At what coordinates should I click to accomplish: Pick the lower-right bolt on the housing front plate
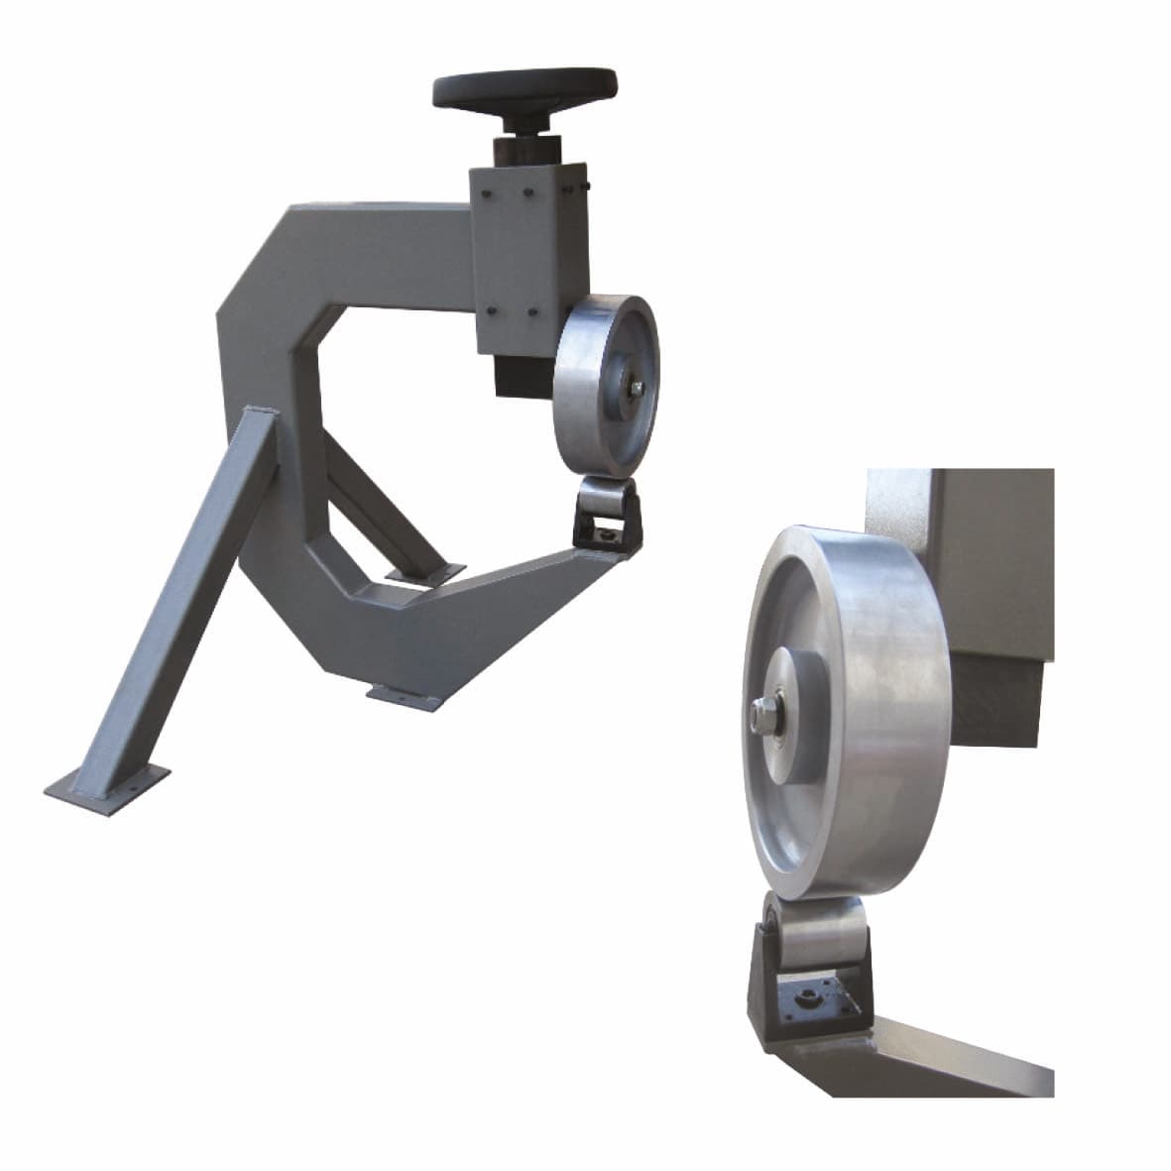[x=533, y=314]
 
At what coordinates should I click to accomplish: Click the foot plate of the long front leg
[x=104, y=784]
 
